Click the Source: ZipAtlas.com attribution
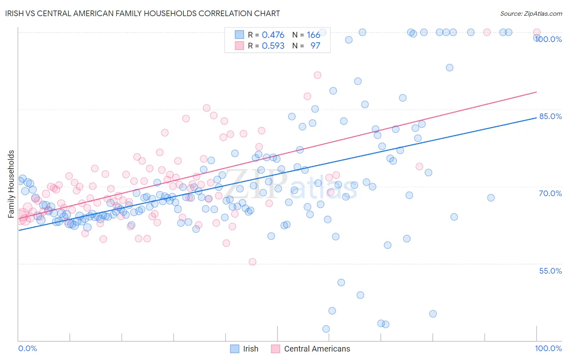[531, 13]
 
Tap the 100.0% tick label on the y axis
[548, 39]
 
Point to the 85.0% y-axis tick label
[550, 116]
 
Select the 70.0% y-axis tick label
[550, 193]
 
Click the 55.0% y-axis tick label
[550, 271]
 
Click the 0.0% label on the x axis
[27, 348]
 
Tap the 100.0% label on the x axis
[548, 348]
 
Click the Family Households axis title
[11, 184]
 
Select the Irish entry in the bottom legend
[250, 349]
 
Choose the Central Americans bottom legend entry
[317, 349]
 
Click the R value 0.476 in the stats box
[273, 35]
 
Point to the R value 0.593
[273, 46]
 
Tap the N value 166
[313, 35]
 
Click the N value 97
[315, 46]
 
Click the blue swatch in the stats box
[240, 35]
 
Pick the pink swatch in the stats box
[240, 46]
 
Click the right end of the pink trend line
[536, 92]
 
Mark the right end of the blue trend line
[536, 117]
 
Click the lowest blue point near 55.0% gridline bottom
[326, 329]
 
